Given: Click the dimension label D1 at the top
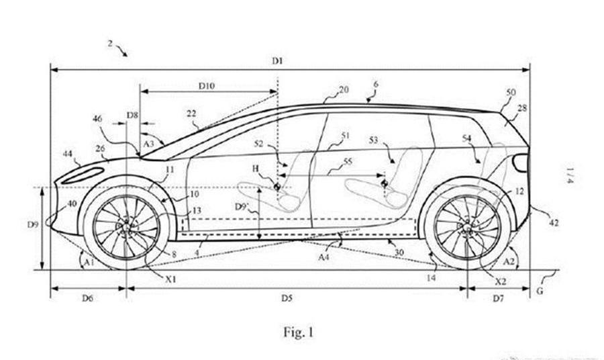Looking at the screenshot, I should pyautogui.click(x=277, y=61).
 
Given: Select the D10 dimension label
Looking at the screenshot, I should pyautogui.click(x=206, y=86).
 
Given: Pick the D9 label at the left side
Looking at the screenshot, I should pyautogui.click(x=33, y=224).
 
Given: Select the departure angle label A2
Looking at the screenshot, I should pyautogui.click(x=509, y=257).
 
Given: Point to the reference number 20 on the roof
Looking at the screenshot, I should pyautogui.click(x=344, y=89).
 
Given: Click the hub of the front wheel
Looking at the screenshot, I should pyautogui.click(x=126, y=227).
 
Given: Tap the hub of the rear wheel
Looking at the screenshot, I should pyautogui.click(x=467, y=227).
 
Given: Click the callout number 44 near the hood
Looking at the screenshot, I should pyautogui.click(x=67, y=154).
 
